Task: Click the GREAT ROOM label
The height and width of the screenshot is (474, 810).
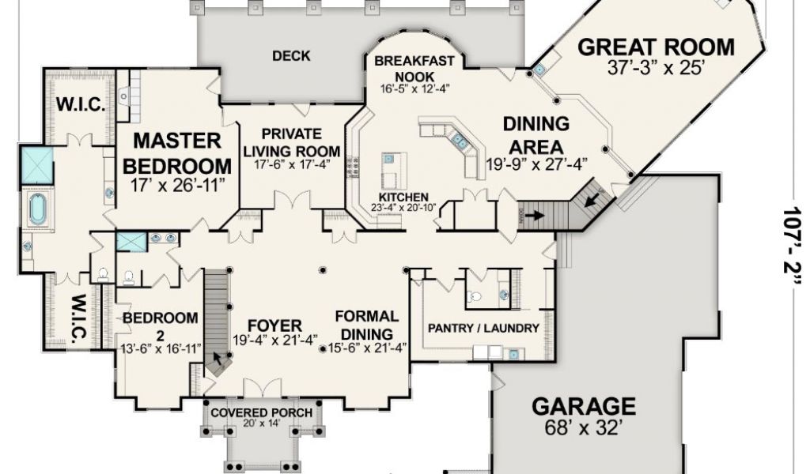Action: [x=656, y=47]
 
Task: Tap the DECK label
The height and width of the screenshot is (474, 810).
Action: [x=291, y=56]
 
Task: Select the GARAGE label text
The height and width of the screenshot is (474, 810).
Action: [x=584, y=406]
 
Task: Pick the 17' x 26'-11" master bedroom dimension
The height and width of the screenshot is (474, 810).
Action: [x=177, y=185]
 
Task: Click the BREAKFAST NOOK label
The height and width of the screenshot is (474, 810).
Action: [x=414, y=69]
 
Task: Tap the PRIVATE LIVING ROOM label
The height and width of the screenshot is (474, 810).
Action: [x=292, y=142]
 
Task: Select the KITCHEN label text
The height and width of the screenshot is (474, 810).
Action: [x=403, y=197]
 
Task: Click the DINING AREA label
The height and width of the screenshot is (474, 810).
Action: [x=536, y=135]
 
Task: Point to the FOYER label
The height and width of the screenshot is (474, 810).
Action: [x=274, y=326]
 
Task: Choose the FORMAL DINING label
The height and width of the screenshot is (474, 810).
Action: [x=367, y=325]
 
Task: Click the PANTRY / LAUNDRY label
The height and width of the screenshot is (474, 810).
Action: [x=483, y=328]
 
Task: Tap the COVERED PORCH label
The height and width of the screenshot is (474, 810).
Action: [x=261, y=412]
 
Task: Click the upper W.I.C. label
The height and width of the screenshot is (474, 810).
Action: [x=81, y=105]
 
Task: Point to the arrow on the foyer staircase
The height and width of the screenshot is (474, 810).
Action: [x=218, y=357]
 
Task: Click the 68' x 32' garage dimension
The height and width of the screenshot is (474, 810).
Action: [x=583, y=427]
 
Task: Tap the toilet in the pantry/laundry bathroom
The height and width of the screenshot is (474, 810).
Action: [x=475, y=296]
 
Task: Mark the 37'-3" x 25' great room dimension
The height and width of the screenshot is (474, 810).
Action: [x=655, y=68]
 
